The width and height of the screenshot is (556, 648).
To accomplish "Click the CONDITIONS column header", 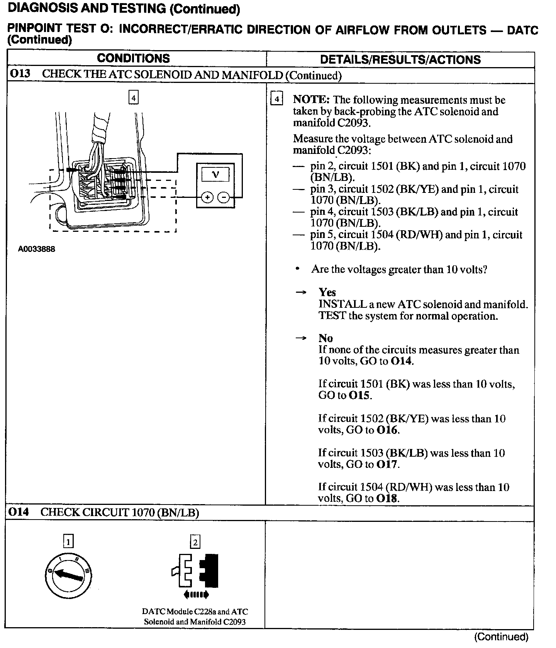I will click(x=133, y=59).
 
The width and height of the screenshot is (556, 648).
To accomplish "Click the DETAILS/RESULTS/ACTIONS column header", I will click(x=400, y=59).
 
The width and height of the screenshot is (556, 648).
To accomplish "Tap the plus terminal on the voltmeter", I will click(x=208, y=198).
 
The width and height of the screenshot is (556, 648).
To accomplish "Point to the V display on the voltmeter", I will click(x=215, y=175).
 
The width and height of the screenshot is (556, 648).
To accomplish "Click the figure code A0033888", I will click(x=37, y=249).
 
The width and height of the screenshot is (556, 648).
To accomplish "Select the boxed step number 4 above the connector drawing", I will click(x=133, y=98).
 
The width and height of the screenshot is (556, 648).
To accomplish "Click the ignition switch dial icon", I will click(x=69, y=576).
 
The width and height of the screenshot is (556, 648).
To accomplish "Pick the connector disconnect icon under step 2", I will click(x=195, y=574).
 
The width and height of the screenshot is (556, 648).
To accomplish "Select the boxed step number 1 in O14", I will click(x=68, y=542).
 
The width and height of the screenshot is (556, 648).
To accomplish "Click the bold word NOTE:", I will click(x=311, y=100).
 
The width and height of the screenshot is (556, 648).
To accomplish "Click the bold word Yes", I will click(x=327, y=292).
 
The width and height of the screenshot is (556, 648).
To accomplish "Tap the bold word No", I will click(x=325, y=338).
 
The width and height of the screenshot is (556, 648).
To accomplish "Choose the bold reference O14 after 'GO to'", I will click(x=402, y=361).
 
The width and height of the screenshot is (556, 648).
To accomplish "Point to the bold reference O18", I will click(x=387, y=498).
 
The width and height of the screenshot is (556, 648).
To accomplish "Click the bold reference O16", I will click(x=387, y=430).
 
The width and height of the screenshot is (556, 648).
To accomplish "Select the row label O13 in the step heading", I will click(x=20, y=74).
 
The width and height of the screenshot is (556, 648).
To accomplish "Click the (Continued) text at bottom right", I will click(x=501, y=636).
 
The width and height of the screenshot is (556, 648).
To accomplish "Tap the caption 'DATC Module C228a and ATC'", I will click(x=195, y=611).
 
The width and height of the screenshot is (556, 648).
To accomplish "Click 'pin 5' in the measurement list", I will click(x=320, y=235).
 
